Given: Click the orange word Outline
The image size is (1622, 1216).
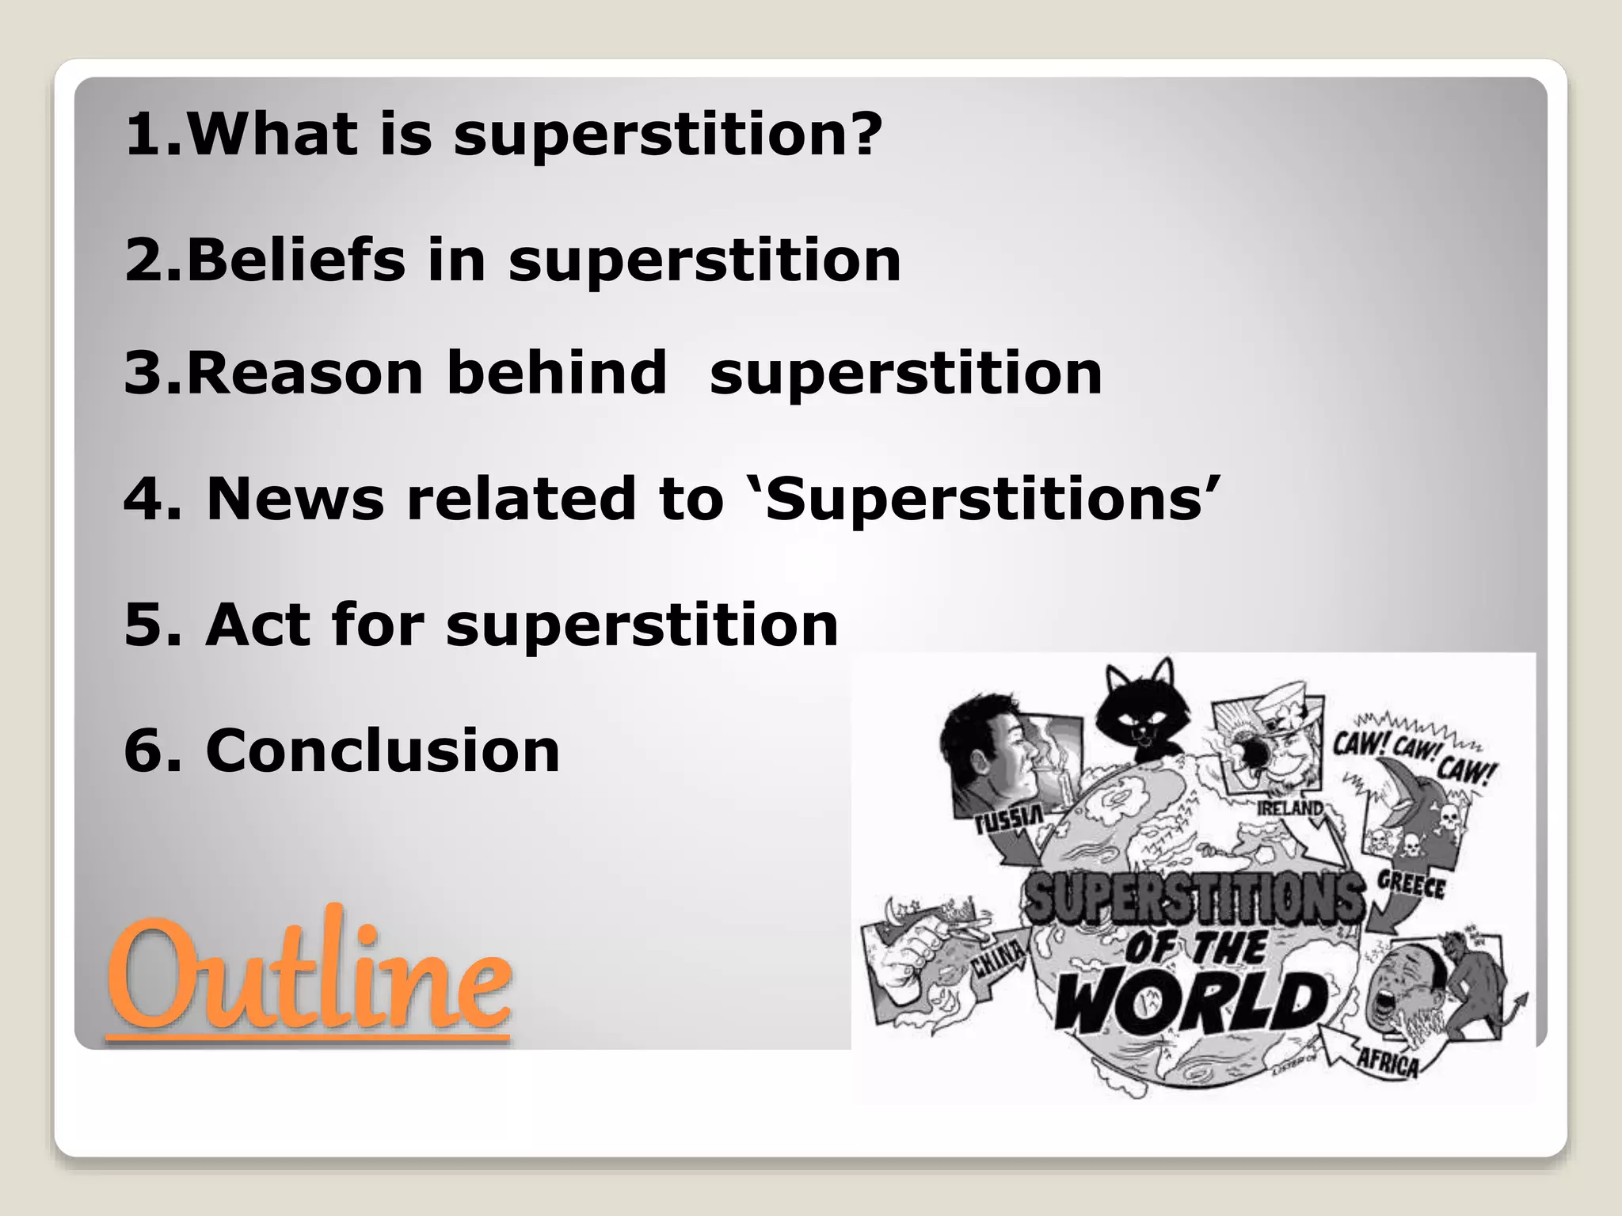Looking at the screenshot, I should [x=309, y=976].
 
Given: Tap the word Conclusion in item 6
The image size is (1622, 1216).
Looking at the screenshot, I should [x=383, y=750].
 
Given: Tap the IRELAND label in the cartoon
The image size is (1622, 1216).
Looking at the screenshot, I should [x=1290, y=808].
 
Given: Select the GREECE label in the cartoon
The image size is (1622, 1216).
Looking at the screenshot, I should [x=1411, y=884].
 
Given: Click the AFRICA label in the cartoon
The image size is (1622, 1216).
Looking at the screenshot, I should [x=1387, y=1063].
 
